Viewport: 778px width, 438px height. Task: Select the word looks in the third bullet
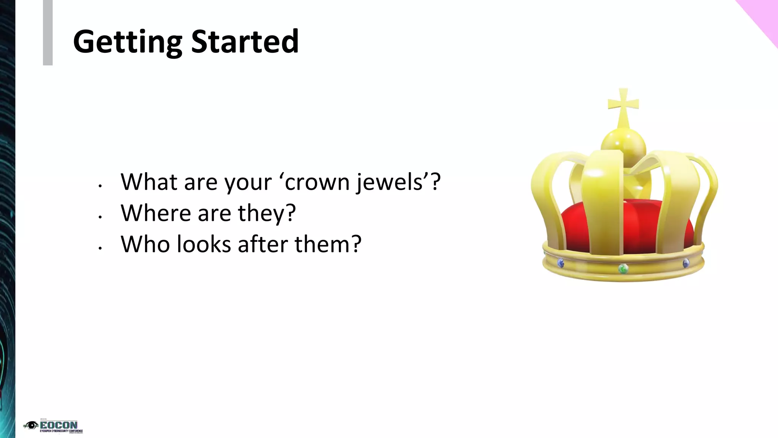point(204,244)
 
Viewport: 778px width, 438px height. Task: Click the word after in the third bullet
point(262,244)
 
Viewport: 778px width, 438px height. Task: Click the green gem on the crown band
point(622,269)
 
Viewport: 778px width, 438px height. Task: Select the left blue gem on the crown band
point(560,263)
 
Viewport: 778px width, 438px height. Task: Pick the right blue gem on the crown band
point(686,263)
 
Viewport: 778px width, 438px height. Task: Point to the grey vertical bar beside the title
point(47,33)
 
